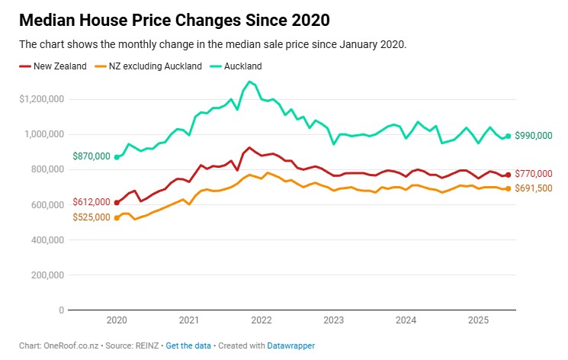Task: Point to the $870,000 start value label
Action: [x=91, y=156]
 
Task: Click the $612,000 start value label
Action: [x=91, y=202]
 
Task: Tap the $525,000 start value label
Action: [x=91, y=218]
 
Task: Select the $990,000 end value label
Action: [x=534, y=136]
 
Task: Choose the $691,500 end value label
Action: [x=534, y=188]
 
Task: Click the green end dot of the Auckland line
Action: [x=508, y=136]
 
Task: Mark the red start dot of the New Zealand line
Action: [x=117, y=202]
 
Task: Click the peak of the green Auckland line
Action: [x=249, y=82]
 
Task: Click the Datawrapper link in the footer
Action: [x=290, y=346]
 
